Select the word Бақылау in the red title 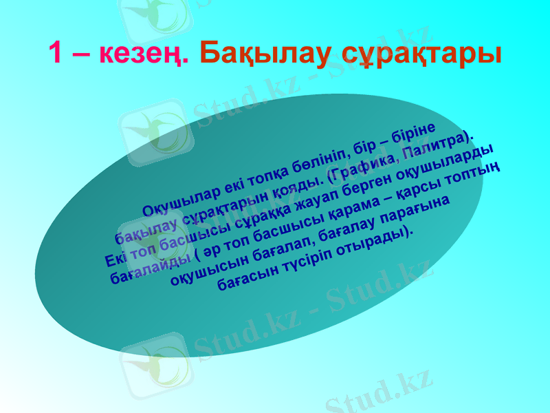tap(261, 53)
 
